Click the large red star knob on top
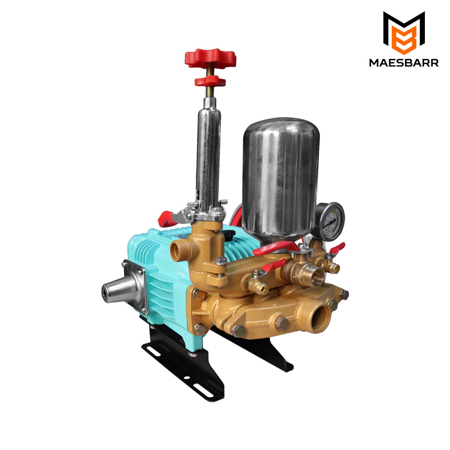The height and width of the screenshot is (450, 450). tap(210, 58)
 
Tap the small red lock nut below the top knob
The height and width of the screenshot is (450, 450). tap(210, 81)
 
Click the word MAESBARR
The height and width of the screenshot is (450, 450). tap(404, 63)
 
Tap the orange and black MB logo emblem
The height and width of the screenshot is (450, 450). tap(404, 33)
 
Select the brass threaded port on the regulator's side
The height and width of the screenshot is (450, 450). tap(178, 250)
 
